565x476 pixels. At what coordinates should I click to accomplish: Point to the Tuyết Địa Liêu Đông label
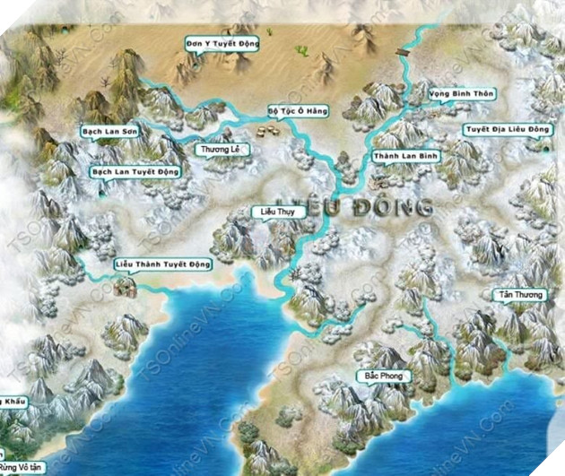[507, 129]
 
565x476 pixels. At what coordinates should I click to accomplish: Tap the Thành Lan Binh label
[406, 156]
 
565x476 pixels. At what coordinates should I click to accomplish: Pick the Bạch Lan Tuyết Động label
[135, 171]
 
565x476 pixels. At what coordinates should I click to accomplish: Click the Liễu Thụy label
[277, 212]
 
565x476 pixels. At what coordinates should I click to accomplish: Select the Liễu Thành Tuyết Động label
[163, 264]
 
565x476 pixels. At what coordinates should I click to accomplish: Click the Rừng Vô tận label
[20, 468]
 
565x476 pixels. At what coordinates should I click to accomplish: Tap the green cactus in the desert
[301, 51]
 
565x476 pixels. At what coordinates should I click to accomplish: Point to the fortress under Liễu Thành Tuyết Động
[126, 286]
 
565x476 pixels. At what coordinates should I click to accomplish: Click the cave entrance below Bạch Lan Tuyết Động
[100, 188]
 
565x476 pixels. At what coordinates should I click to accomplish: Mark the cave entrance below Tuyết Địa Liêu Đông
[544, 147]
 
